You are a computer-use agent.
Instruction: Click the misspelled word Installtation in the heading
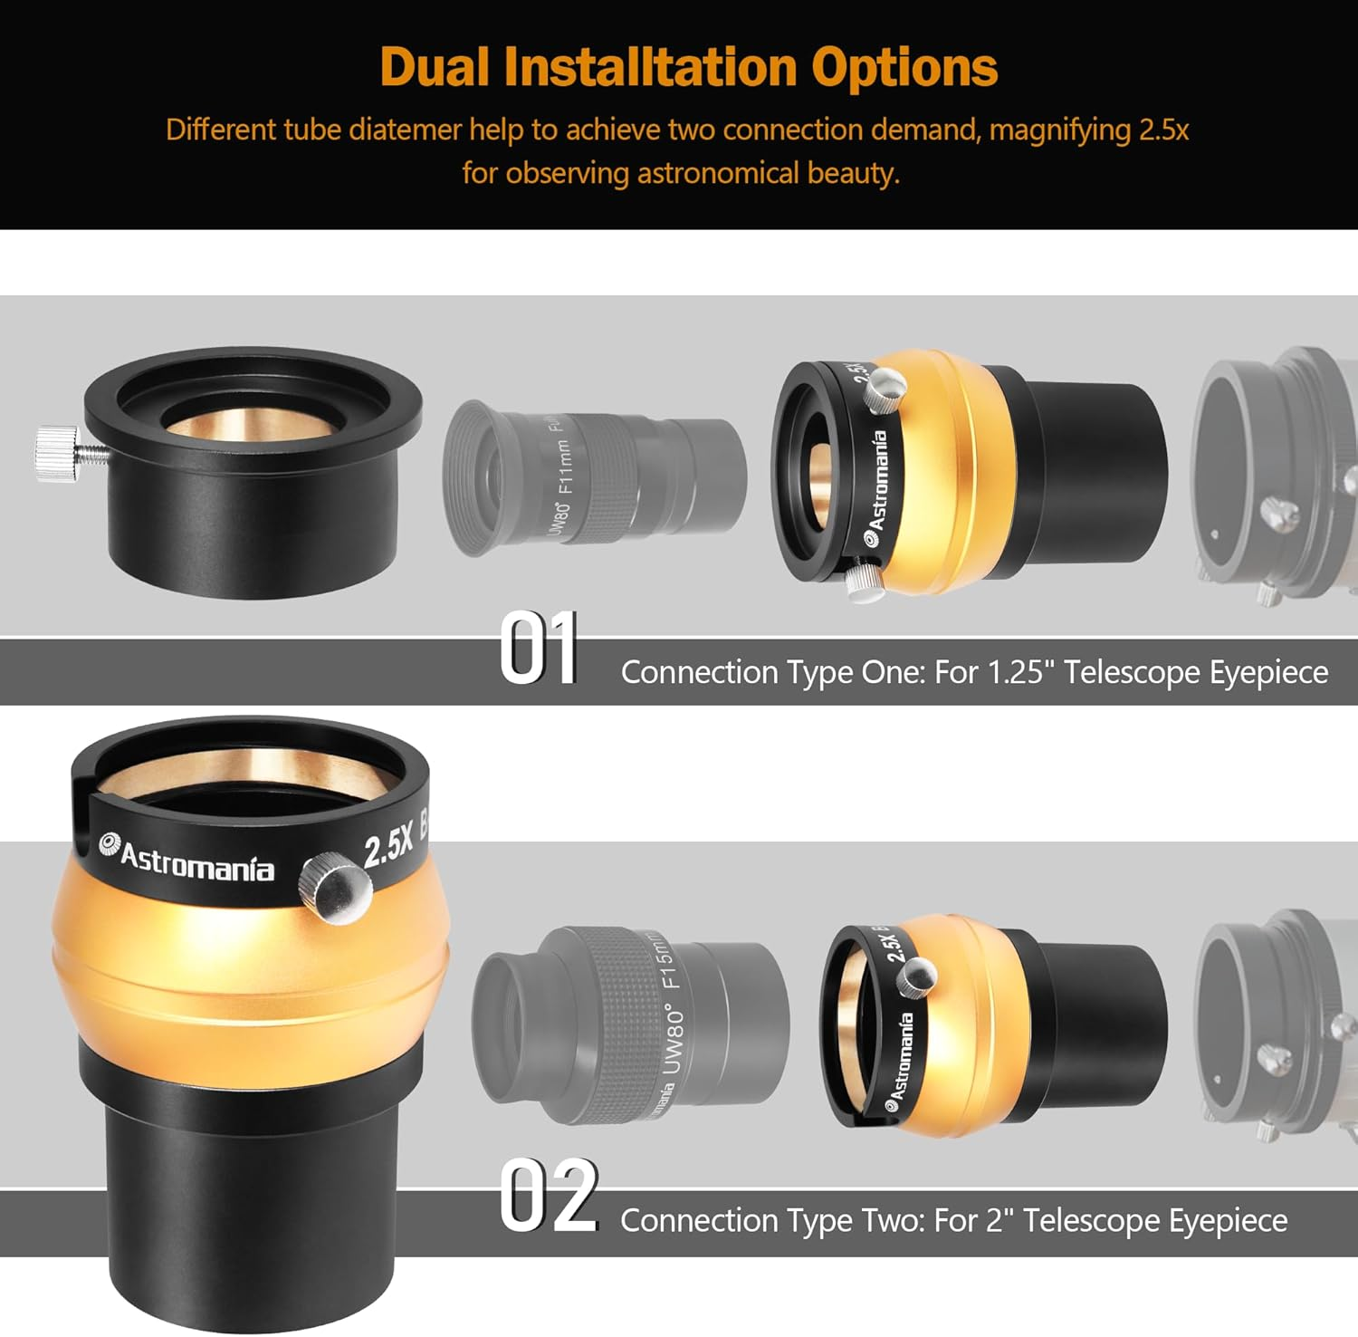coord(650,67)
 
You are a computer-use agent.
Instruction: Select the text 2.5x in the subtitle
coord(1163,130)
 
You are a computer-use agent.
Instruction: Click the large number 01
coord(538,649)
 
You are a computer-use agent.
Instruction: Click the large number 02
coord(549,1197)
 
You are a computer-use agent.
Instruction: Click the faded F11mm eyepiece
coord(593,476)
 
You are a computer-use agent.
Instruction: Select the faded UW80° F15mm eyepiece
coord(629,1024)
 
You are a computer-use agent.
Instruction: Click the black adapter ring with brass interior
coord(253,471)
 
